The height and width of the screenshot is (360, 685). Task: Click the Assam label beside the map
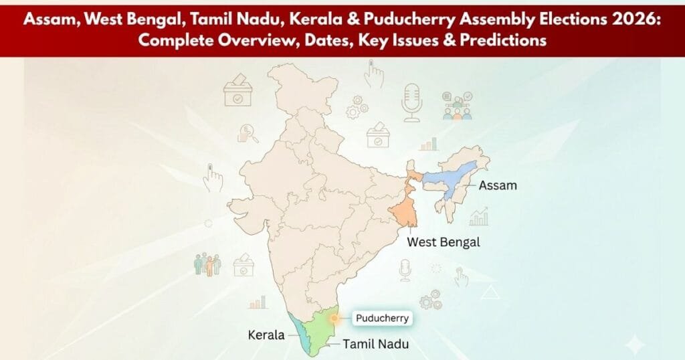tap(498, 185)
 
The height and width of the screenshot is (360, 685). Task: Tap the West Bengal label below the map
tap(444, 242)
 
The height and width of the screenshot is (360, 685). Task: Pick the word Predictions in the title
tap(502, 41)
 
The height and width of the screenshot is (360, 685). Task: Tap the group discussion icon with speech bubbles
tap(457, 106)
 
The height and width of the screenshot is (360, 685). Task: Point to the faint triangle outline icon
tap(490, 292)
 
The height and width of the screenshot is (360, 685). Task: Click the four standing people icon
tap(207, 264)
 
